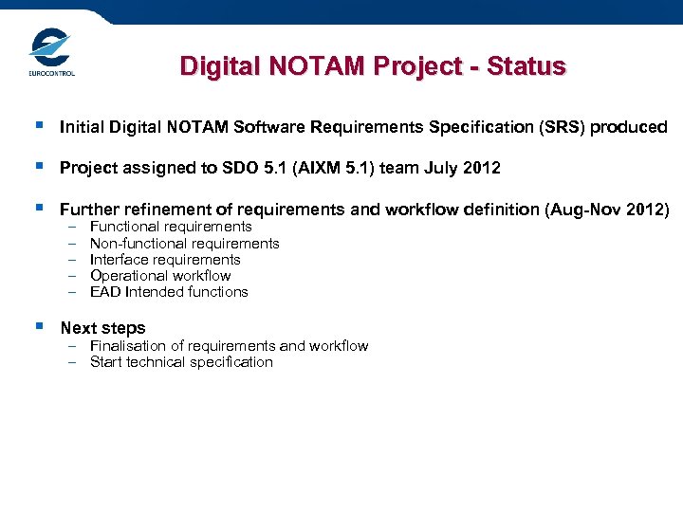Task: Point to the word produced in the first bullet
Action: [629, 127]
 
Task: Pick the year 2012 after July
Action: [481, 168]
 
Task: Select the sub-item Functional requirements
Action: [171, 227]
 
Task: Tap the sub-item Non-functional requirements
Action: [184, 244]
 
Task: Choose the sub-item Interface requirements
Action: [165, 260]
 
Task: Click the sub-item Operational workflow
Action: [160, 276]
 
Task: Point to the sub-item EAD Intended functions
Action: [169, 292]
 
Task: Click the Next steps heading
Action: [102, 328]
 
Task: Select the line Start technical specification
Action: [181, 362]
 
